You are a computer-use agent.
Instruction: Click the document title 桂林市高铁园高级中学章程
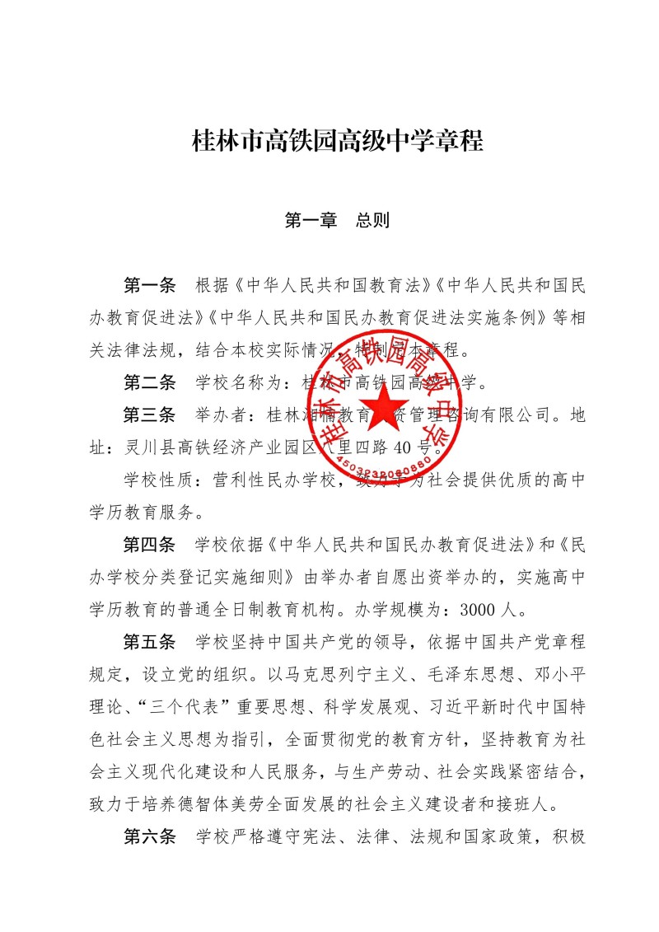pos(337,141)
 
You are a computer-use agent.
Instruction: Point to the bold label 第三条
pos(149,414)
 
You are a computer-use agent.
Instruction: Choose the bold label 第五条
pos(149,642)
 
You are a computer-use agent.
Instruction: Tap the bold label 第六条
pos(149,838)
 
